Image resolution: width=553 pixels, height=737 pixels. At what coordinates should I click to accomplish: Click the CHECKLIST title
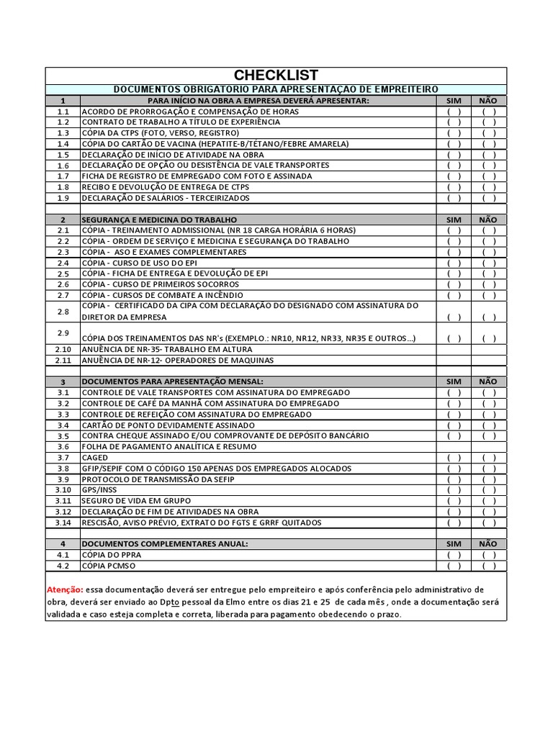(276, 76)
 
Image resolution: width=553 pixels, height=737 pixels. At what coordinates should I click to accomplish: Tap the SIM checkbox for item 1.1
(454, 112)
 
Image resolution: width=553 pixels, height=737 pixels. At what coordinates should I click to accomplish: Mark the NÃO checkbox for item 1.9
(488, 198)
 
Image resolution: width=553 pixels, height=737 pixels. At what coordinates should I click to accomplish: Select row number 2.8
(63, 311)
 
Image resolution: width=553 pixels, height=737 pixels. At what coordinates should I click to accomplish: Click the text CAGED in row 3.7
(95, 458)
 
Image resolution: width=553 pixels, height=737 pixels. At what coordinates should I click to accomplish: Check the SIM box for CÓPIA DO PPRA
(454, 555)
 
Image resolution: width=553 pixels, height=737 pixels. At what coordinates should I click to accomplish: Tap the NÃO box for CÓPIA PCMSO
(488, 566)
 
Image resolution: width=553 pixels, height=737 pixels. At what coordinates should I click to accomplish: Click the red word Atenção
(69, 589)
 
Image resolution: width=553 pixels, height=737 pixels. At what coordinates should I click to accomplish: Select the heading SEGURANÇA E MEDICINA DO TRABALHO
(158, 219)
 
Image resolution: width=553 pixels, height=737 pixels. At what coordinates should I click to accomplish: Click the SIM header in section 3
(454, 381)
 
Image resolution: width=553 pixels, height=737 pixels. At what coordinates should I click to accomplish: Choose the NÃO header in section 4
(488, 543)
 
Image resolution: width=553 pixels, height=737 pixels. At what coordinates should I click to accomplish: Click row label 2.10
(63, 349)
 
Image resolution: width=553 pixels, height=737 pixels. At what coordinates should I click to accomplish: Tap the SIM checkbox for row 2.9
(454, 338)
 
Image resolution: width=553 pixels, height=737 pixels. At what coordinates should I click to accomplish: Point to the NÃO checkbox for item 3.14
(488, 523)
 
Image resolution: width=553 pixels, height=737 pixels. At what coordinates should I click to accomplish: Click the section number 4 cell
(63, 544)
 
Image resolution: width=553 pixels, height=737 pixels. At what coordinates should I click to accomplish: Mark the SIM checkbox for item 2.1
(454, 230)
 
